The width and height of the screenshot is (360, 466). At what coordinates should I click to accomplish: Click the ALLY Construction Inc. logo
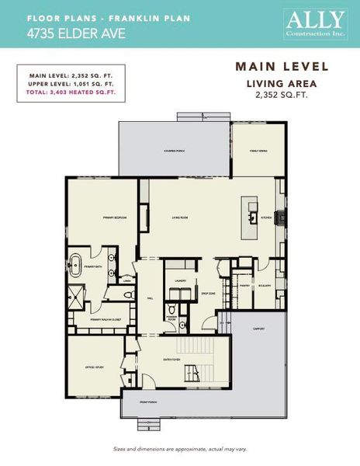(x=314, y=23)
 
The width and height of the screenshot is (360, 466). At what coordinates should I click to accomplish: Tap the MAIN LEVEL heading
(x=282, y=67)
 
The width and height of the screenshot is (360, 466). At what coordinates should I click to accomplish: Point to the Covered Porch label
(x=174, y=151)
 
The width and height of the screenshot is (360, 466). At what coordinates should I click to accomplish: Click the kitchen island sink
(x=252, y=217)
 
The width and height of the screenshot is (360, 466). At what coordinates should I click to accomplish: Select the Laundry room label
(x=179, y=281)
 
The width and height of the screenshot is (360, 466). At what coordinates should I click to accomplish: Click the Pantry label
(x=244, y=285)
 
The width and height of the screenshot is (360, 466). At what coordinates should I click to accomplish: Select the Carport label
(x=260, y=329)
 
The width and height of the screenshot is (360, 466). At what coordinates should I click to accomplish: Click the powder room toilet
(x=171, y=307)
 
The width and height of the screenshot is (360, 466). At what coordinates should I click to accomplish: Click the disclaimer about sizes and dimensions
(x=179, y=450)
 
